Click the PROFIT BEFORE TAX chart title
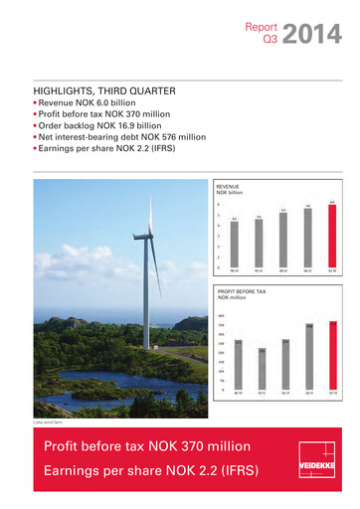(243, 292)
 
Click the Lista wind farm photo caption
(48, 422)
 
